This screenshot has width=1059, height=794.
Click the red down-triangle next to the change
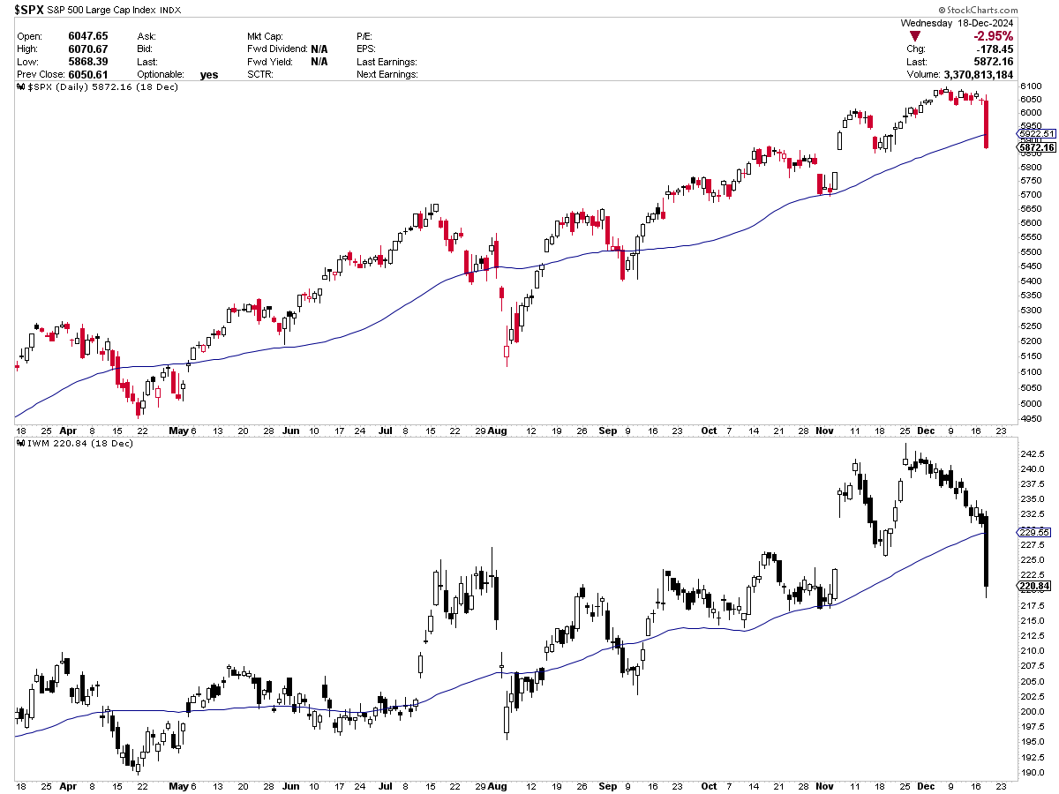(x=915, y=35)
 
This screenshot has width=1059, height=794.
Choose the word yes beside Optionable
(x=209, y=75)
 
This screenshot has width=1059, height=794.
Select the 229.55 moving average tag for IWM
(x=1033, y=532)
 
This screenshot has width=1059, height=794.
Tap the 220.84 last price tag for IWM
(x=1033, y=585)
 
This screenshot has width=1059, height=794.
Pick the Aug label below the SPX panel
(x=499, y=431)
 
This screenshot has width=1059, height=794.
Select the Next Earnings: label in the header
(x=387, y=75)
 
